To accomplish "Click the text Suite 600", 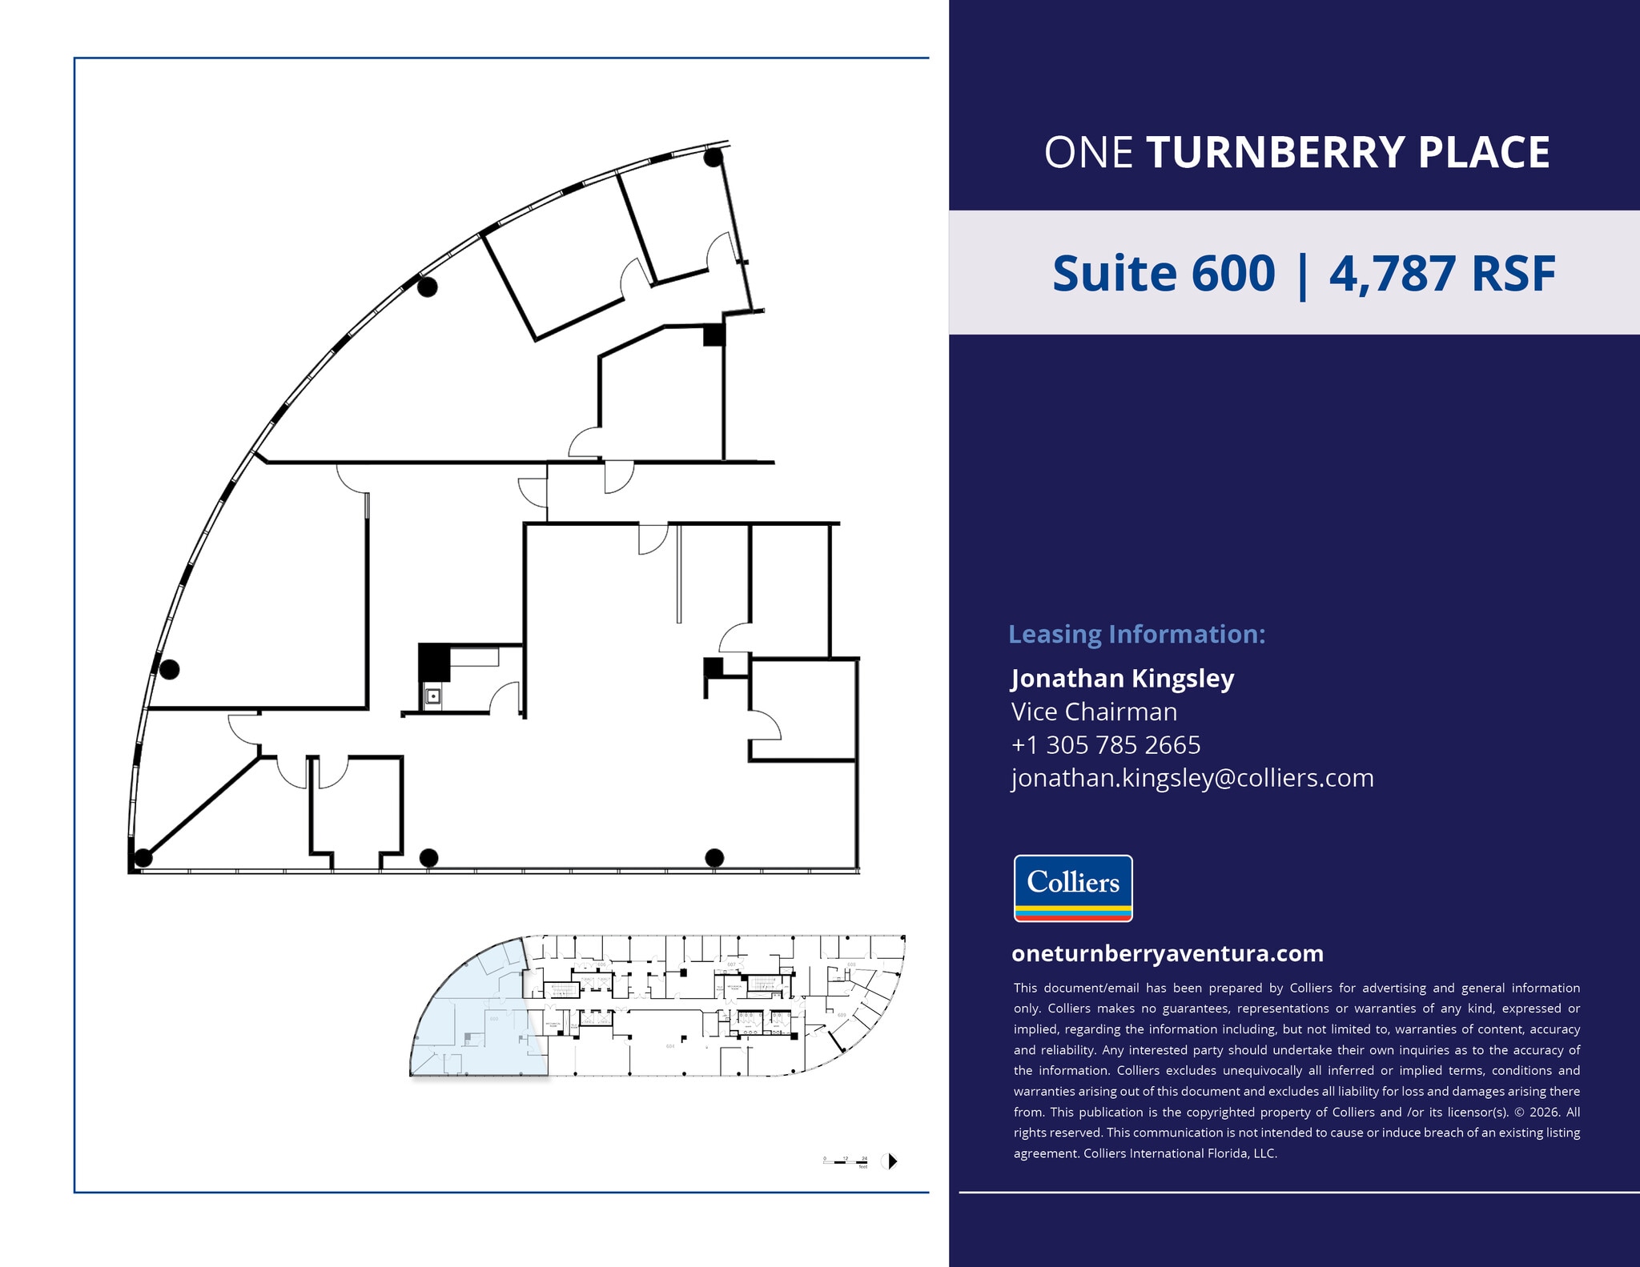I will tap(1163, 274).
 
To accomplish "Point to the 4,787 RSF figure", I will tap(1442, 274).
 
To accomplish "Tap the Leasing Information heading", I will tap(1136, 634).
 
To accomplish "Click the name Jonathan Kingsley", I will tap(1122, 678).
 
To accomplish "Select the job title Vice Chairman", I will tap(1094, 712).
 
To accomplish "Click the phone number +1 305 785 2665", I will tap(1106, 744).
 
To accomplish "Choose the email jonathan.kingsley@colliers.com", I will tap(1192, 777).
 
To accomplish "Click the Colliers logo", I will tap(1073, 888).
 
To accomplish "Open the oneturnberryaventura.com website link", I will tap(1168, 953).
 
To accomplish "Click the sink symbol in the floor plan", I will tap(433, 696).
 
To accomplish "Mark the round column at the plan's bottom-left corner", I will tap(143, 858).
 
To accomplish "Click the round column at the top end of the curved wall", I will tap(713, 158).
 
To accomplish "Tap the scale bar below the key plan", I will tap(846, 1161).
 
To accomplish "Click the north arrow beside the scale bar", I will tap(890, 1161).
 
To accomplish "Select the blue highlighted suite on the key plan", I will tap(472, 1016).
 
